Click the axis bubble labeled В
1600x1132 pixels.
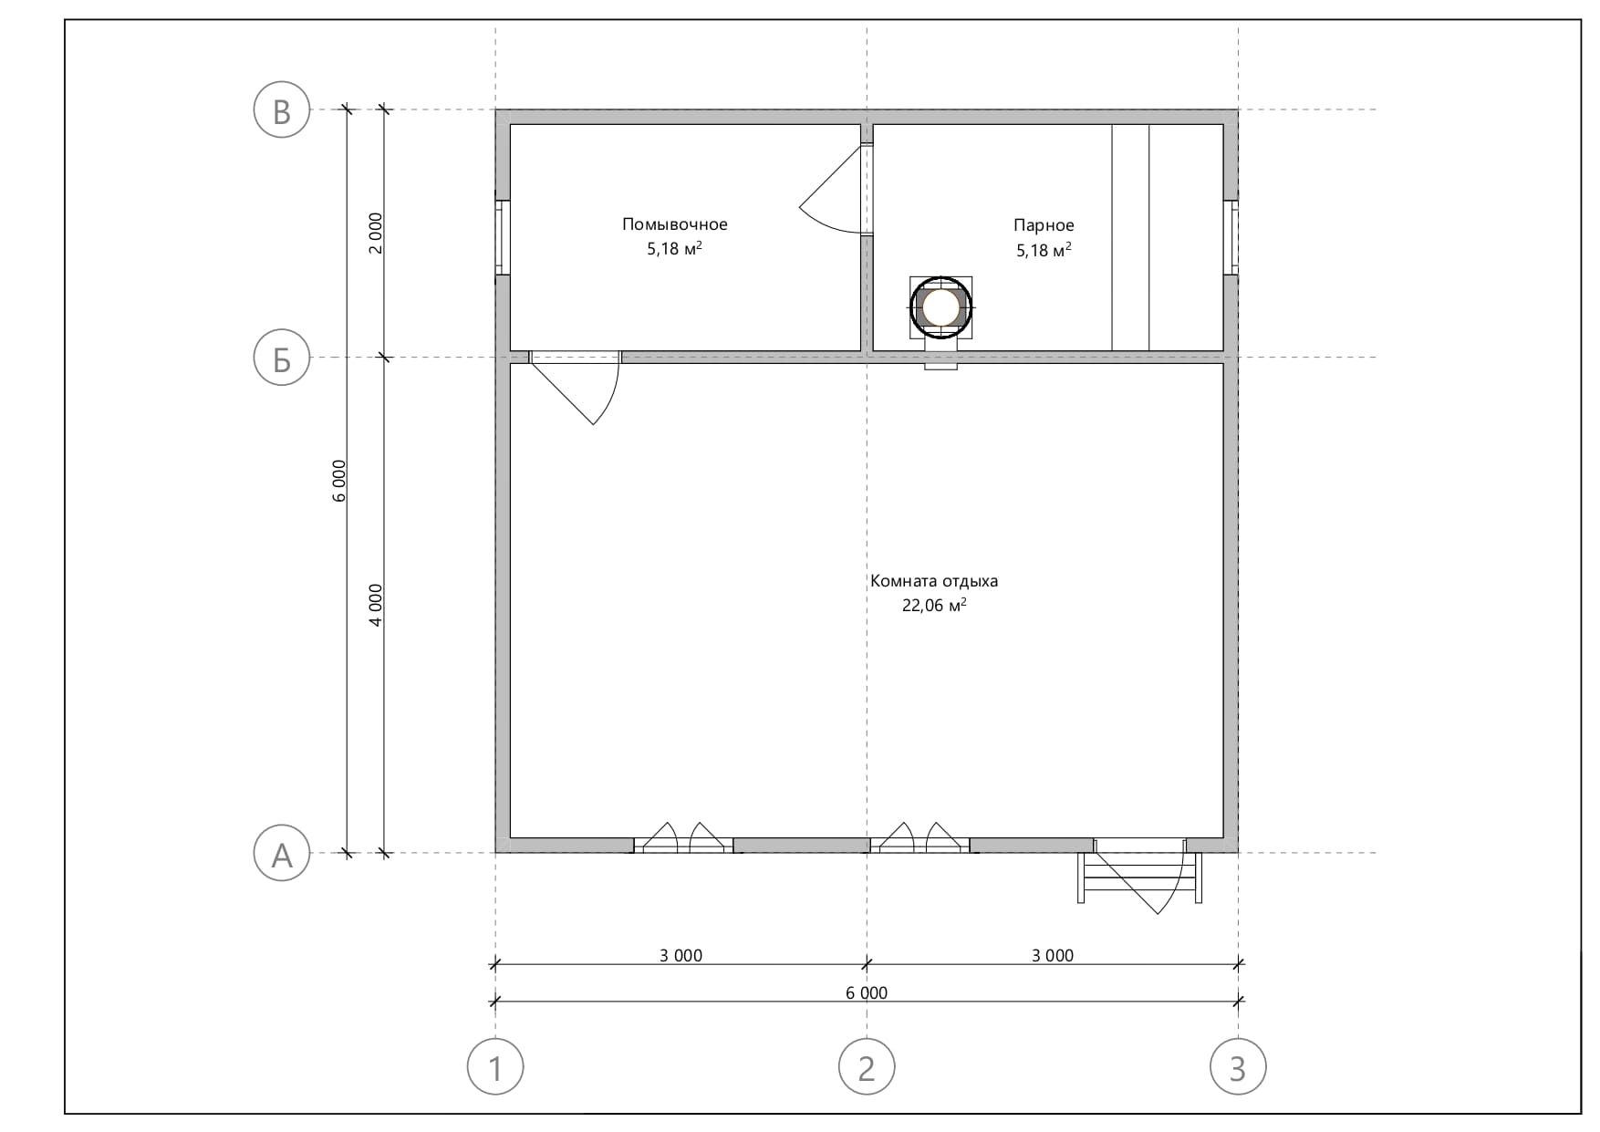point(282,109)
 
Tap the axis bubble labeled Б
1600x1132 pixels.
point(282,358)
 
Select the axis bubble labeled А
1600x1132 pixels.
point(282,854)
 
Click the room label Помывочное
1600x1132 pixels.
point(675,224)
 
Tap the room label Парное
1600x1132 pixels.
point(1044,225)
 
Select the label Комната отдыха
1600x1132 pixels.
point(934,581)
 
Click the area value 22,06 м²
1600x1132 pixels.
point(934,605)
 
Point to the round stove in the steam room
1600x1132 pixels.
point(941,307)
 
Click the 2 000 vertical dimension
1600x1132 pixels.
point(376,233)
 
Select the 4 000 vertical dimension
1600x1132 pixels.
point(376,605)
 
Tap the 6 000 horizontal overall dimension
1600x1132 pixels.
point(867,992)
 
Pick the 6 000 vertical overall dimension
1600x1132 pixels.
point(339,481)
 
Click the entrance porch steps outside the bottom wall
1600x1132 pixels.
point(1139,878)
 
